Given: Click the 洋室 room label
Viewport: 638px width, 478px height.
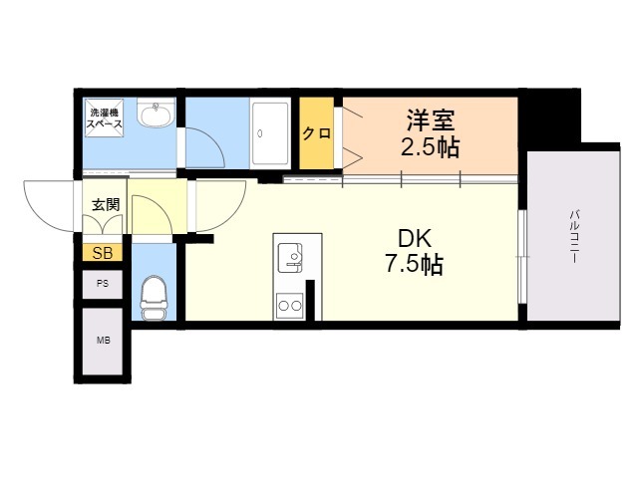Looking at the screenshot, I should [431, 120].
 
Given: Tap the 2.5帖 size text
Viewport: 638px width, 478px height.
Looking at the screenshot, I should [431, 149].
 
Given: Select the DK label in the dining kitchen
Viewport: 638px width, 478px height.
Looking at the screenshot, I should [415, 240].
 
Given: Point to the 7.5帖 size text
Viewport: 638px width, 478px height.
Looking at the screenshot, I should [415, 266].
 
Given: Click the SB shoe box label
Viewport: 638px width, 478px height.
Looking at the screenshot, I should [103, 253].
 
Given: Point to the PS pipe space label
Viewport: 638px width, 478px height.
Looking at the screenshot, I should [103, 284].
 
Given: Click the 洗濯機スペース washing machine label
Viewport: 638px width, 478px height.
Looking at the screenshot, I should [104, 119].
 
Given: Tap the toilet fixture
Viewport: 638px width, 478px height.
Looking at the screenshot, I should [154, 298].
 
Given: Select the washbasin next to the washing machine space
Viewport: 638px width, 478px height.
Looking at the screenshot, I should [155, 117].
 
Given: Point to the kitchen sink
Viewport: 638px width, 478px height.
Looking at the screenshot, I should [292, 257].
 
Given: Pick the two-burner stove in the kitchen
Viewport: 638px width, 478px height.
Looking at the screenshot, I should [290, 305].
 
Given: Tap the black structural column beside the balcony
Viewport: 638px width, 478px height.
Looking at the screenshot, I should [551, 118].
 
